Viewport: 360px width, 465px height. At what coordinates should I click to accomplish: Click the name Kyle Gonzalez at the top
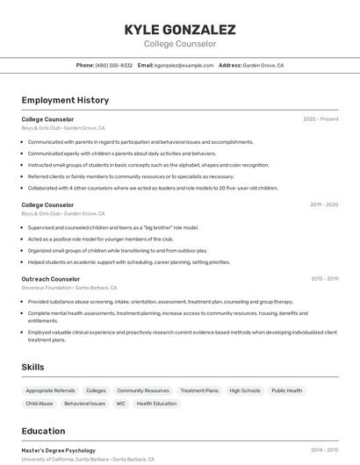[x=179, y=29]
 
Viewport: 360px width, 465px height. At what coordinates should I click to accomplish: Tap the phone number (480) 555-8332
[x=114, y=65]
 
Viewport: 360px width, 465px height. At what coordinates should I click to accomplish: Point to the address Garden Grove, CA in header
[x=263, y=65]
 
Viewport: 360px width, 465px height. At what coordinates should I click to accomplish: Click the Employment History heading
[x=65, y=100]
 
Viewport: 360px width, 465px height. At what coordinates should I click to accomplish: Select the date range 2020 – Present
[x=320, y=118]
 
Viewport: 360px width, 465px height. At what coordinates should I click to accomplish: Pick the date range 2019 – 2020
[x=324, y=204]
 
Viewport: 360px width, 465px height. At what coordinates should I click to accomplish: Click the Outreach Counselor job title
[x=51, y=279]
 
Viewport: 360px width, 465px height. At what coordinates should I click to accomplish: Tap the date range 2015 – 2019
[x=324, y=279]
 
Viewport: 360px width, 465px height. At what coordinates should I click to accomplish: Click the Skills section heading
[x=33, y=367]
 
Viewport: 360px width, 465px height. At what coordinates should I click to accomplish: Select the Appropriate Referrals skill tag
[x=50, y=390]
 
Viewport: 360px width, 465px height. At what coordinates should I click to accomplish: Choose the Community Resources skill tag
[x=143, y=390]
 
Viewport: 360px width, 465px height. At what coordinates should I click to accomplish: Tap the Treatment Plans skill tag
[x=199, y=390]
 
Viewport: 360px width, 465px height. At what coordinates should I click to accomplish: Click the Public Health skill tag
[x=286, y=390]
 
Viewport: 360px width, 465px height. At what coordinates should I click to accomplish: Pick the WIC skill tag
[x=121, y=404]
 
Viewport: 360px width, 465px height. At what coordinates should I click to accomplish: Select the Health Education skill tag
[x=156, y=404]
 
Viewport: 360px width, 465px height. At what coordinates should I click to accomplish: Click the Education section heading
[x=43, y=431]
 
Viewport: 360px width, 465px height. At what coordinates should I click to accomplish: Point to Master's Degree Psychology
[x=59, y=450]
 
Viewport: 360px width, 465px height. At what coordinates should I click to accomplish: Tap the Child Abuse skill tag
[x=40, y=404]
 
